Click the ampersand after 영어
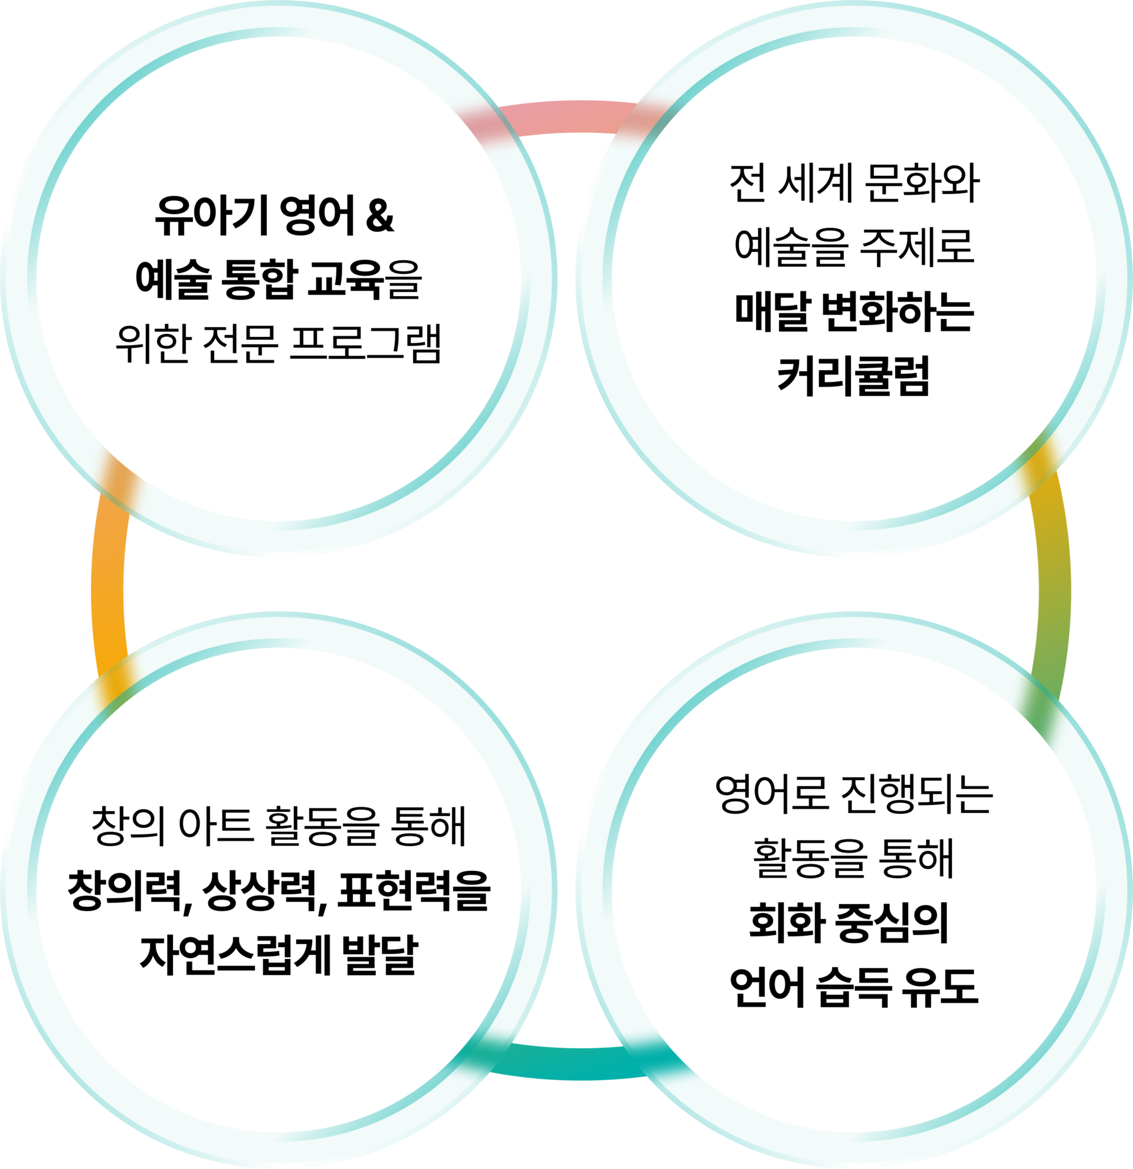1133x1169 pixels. (x=380, y=215)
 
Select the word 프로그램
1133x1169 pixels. (x=365, y=344)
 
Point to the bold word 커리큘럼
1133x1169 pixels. (x=853, y=376)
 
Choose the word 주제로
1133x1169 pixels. (x=916, y=247)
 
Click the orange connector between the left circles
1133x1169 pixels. (x=108, y=584)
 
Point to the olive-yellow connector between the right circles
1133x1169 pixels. (x=1053, y=584)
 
